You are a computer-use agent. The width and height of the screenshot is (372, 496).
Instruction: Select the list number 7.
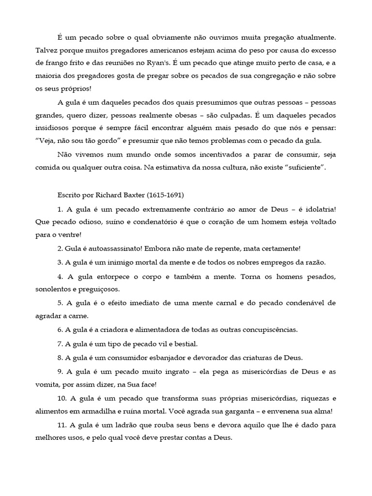(x=60, y=343)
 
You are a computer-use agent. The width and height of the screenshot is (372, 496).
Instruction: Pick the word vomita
(x=47, y=385)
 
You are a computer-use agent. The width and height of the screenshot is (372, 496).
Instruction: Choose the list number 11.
(x=62, y=425)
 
